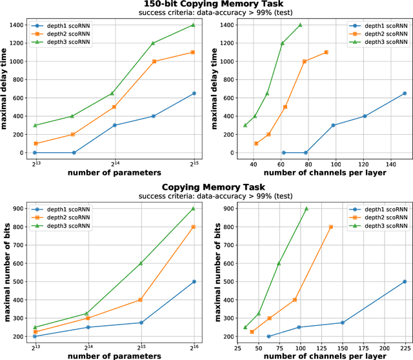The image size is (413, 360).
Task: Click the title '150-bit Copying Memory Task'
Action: pos(207,5)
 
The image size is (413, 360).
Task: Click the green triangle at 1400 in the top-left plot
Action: pos(194,25)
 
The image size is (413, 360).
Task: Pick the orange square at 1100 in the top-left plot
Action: pos(194,52)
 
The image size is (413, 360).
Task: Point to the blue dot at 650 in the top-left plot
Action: pos(194,94)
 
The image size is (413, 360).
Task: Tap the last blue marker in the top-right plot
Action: pos(405,94)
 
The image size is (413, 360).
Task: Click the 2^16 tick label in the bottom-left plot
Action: pos(194,346)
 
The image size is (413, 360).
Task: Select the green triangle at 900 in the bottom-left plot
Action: pos(194,208)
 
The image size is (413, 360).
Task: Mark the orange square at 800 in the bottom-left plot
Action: pos(194,227)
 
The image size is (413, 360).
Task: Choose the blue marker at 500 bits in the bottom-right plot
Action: pos(405,282)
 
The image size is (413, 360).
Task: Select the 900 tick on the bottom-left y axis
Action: pos(17,208)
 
